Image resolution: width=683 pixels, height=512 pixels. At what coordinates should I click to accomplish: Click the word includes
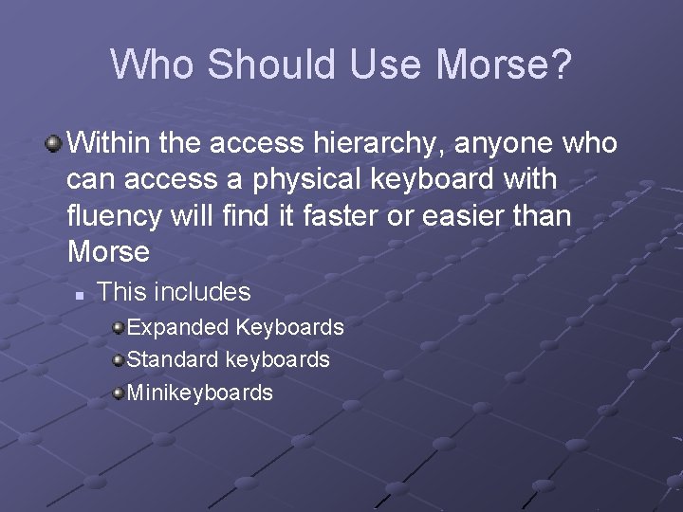click(x=206, y=291)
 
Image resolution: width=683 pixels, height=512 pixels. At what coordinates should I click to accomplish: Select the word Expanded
click(x=177, y=328)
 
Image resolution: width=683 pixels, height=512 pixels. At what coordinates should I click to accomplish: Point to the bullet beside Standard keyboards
click(x=117, y=360)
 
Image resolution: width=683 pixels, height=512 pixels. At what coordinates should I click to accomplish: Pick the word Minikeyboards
click(x=199, y=393)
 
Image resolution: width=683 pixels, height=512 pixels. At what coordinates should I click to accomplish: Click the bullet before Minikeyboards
click(x=117, y=393)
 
